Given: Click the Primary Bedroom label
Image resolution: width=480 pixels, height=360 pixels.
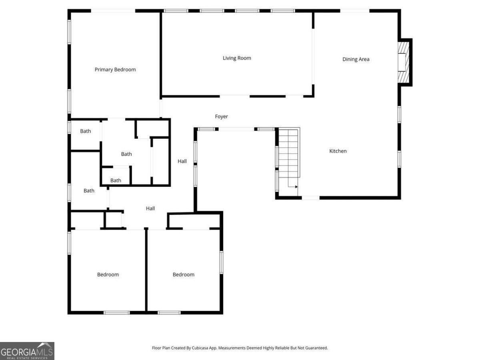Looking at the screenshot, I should tap(115, 70).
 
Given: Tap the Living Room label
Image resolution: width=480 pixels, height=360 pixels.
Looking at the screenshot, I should tap(237, 58).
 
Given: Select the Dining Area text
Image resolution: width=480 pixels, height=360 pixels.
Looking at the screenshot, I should tap(356, 59).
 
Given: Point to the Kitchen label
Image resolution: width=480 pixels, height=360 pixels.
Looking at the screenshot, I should tap(338, 151).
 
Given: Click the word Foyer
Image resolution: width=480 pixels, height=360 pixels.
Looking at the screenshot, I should tap(222, 116).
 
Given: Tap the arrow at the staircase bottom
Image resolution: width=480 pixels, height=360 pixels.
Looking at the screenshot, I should tap(296, 186).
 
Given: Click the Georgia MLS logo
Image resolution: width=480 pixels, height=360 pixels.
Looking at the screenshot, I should tap(27, 351).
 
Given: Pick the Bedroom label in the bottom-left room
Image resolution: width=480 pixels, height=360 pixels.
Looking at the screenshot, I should tap(108, 274).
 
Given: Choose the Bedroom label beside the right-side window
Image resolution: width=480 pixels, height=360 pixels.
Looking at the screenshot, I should tap(184, 274).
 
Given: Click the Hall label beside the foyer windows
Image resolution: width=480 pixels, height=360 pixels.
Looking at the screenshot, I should tap(182, 161).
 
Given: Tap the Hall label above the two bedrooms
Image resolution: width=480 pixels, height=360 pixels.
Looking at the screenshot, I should tap(150, 208).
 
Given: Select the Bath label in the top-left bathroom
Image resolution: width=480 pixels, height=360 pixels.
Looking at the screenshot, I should tap(86, 131).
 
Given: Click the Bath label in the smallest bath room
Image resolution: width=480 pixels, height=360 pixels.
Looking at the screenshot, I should tap(116, 180).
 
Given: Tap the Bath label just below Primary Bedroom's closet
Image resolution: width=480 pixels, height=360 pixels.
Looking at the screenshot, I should tap(126, 154).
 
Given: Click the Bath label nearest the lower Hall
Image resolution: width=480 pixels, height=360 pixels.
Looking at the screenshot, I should tap(89, 191).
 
